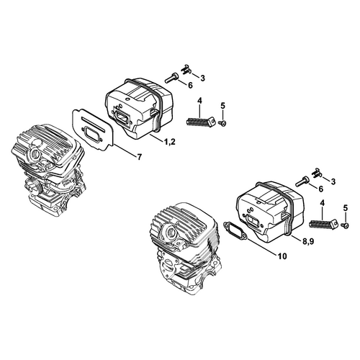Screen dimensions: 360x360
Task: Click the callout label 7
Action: (x=139, y=158)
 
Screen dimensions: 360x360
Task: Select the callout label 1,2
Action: (x=170, y=142)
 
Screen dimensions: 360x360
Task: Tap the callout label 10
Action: (x=283, y=256)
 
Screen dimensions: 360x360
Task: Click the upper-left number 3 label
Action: (x=203, y=78)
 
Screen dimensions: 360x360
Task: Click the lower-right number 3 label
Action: (x=333, y=181)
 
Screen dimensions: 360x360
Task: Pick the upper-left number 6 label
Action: (x=190, y=86)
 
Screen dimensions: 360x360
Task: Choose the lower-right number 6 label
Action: (x=320, y=189)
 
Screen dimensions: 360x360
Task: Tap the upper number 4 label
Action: (x=199, y=101)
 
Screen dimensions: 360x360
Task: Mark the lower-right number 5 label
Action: (x=346, y=208)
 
